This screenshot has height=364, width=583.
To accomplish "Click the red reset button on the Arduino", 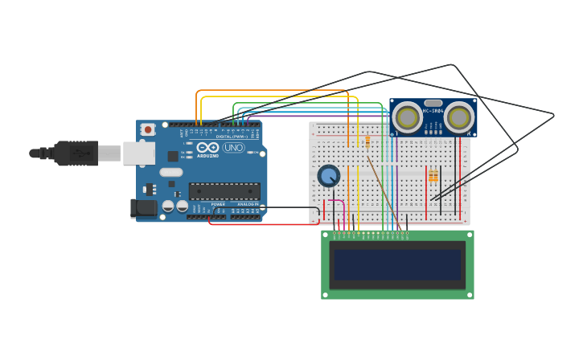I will pos(147,129).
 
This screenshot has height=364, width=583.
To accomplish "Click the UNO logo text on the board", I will pos(233,148).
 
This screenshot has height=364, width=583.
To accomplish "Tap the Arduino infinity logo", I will pos(207,148).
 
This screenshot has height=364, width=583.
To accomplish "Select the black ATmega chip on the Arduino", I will pos(224,191).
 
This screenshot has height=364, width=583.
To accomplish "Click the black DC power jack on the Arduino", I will pos(144,208).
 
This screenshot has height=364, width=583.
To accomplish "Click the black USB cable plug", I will pos(76,153).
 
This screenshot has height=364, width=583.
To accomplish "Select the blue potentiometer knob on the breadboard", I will pos(328,175).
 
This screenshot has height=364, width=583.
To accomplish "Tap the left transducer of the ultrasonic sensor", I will pos(408,117).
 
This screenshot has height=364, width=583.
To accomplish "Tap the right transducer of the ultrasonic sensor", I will pos(459,117).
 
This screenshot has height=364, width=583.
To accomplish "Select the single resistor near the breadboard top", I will pos(367,141).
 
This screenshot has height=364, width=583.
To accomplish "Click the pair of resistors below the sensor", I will pos(433,176).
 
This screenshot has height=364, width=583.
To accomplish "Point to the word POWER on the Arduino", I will pos(218,204).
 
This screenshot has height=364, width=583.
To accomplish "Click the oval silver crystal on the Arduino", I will pos(171,172).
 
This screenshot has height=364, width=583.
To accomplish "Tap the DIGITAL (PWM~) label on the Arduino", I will pos(232,137).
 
